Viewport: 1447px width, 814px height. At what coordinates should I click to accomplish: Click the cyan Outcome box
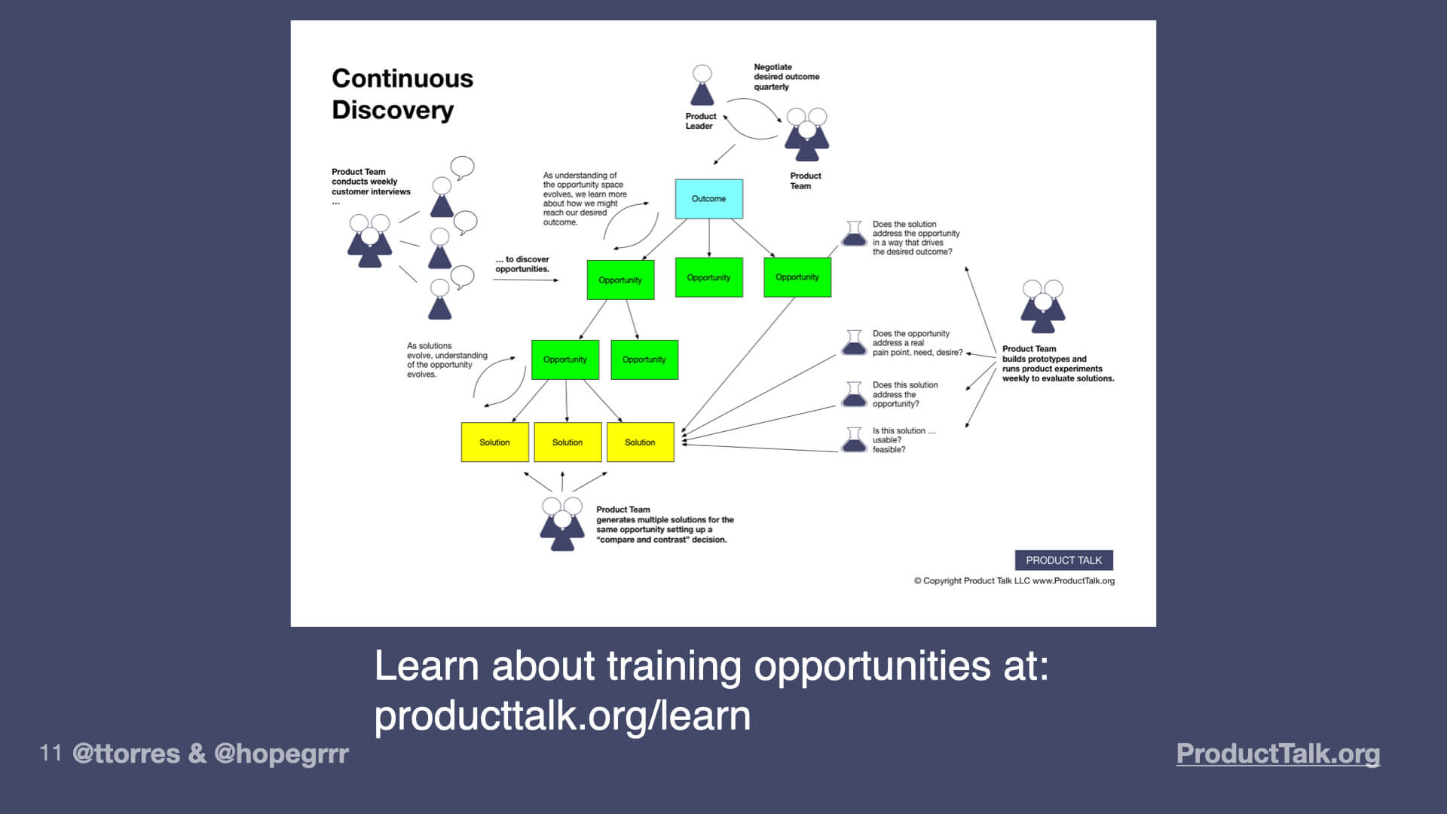pyautogui.click(x=708, y=199)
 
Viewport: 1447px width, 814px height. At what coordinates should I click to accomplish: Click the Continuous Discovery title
pyautogui.click(x=402, y=94)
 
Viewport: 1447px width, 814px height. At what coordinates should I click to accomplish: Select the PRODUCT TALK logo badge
pyautogui.click(x=1063, y=560)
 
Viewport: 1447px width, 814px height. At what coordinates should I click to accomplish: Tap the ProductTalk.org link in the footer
pyautogui.click(x=1277, y=753)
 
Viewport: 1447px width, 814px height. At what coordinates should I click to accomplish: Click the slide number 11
pyautogui.click(x=50, y=752)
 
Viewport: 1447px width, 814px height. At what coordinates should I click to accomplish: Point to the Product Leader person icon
pyautogui.click(x=702, y=86)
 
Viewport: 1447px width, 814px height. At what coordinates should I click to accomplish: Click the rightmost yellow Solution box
pyautogui.click(x=640, y=442)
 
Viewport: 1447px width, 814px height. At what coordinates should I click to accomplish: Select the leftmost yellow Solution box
pyautogui.click(x=494, y=442)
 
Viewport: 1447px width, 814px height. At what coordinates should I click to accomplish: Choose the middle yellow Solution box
pyautogui.click(x=567, y=442)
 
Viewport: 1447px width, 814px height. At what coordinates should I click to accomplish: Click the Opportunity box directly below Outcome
pyautogui.click(x=708, y=277)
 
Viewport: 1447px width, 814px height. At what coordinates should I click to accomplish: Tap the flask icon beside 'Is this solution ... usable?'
pyautogui.click(x=854, y=439)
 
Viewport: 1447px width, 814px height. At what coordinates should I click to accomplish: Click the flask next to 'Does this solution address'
pyautogui.click(x=854, y=394)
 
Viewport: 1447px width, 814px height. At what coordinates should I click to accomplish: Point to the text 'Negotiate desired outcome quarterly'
pyautogui.click(x=786, y=77)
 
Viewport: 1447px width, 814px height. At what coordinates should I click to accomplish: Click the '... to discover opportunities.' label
pyautogui.click(x=522, y=264)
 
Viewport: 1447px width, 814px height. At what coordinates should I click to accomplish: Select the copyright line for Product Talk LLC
pyautogui.click(x=1014, y=581)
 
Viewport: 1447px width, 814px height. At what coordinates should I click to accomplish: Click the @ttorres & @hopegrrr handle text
pyautogui.click(x=210, y=753)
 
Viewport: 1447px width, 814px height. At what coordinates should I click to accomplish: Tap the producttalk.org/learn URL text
pyautogui.click(x=562, y=715)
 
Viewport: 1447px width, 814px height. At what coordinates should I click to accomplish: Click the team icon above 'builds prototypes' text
pyautogui.click(x=1042, y=306)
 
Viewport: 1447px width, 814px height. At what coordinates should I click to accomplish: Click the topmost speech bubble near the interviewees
pyautogui.click(x=462, y=167)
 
